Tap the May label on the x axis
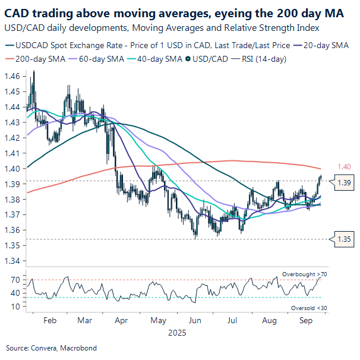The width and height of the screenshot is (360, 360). pyautogui.click(x=158, y=320)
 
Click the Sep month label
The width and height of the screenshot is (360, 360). pyautogui.click(x=306, y=320)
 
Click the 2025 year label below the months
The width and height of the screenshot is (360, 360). pyautogui.click(x=177, y=333)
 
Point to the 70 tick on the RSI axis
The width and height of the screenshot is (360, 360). pyautogui.click(x=16, y=279)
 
